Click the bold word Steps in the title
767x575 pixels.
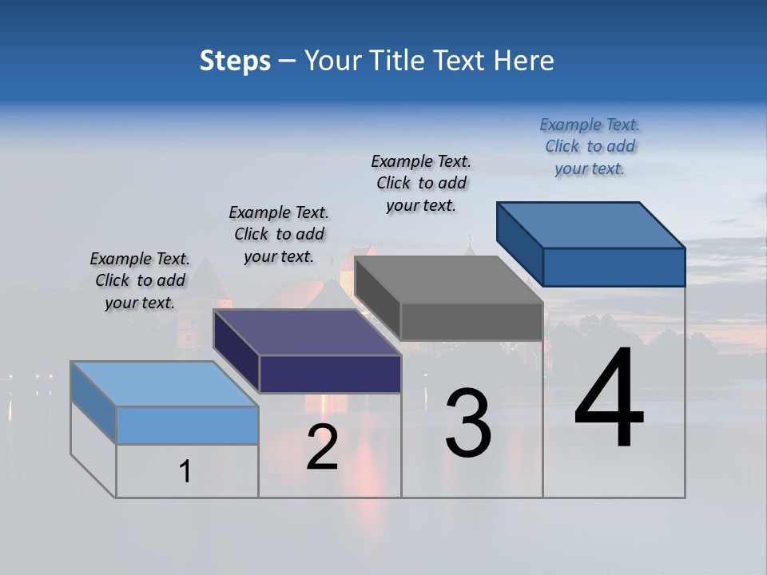235,61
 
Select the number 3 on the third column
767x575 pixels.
468,423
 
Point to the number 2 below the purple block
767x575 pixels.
322,447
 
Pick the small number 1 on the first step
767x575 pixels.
185,472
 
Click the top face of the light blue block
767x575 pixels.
164,383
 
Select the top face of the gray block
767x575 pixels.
447,280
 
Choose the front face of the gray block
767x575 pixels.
471,322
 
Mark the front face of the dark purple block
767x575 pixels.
330,374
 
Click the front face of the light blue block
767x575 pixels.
187,425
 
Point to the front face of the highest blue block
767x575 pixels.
614,267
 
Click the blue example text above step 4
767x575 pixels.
590,147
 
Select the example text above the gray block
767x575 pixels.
421,183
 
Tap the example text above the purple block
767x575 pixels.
279,234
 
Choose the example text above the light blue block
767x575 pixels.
140,280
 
